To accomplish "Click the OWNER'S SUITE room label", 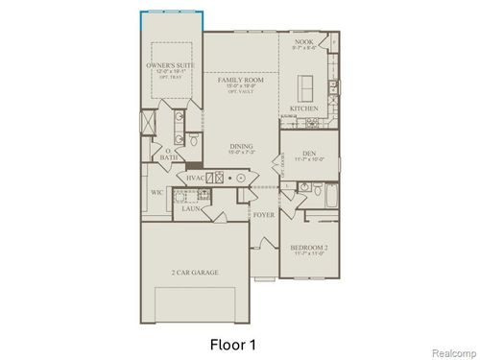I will point(169,65).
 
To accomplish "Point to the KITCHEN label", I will point(304,108).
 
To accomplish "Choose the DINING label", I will point(240,146).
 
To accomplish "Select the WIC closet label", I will point(156,191).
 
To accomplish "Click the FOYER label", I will point(263,214).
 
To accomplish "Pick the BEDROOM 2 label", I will point(309,246).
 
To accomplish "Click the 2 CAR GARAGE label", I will point(196,273).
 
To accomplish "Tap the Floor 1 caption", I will point(233,342).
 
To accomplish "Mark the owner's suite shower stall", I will point(149,125).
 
